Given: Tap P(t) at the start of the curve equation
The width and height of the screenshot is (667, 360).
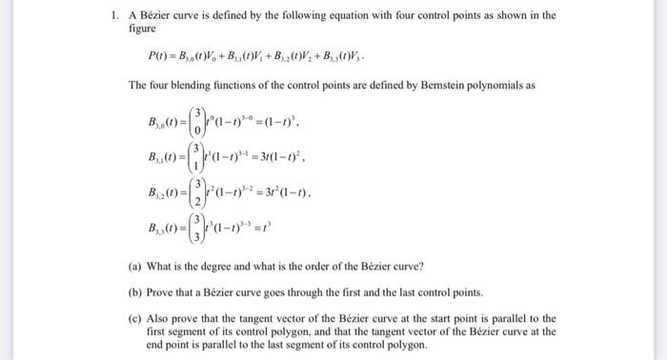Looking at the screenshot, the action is (159, 58).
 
